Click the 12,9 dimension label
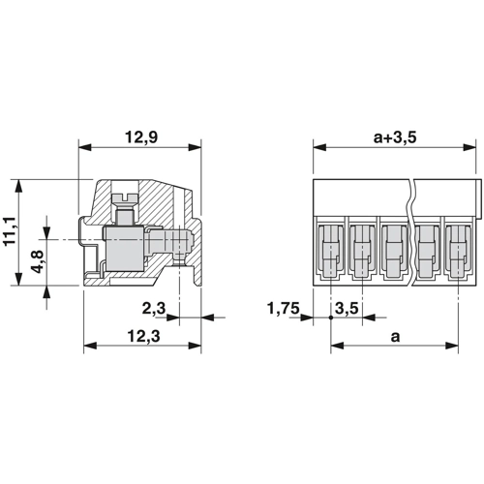[x=141, y=137]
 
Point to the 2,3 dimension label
[x=154, y=309]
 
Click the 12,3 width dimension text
[x=143, y=337]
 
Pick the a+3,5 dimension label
[x=395, y=137]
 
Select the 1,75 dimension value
[x=284, y=309]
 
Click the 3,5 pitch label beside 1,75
[x=347, y=309]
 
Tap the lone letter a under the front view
[x=395, y=337]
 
